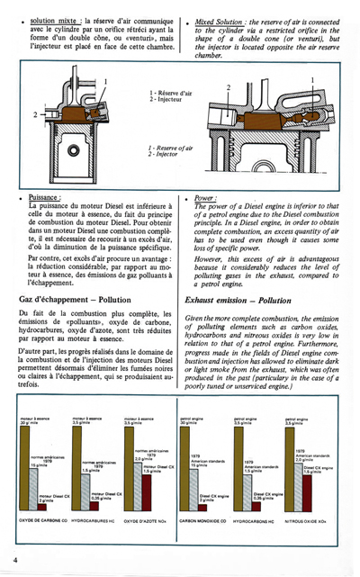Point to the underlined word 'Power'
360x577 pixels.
pos(207,197)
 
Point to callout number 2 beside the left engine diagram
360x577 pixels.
pos(35,115)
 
